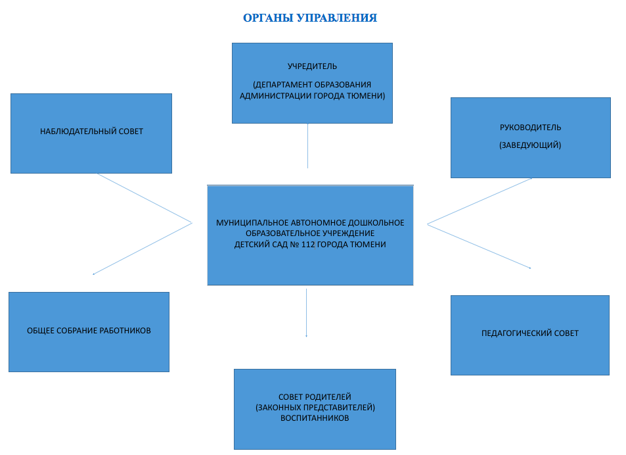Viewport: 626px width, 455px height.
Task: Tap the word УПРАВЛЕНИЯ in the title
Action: pyautogui.click(x=338, y=18)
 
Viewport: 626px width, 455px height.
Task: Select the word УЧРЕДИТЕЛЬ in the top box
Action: pyautogui.click(x=312, y=66)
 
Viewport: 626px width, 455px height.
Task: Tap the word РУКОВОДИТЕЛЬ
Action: pyautogui.click(x=530, y=128)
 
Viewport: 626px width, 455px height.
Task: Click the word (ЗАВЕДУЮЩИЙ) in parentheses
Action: pyautogui.click(x=530, y=145)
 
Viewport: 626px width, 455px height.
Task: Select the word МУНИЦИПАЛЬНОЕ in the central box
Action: pyautogui.click(x=252, y=223)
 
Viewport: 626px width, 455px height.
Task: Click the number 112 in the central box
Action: pyautogui.click(x=308, y=245)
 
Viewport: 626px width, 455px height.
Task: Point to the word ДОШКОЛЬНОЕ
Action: pyautogui.click(x=376, y=223)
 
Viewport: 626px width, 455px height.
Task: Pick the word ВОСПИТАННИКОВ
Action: pyautogui.click(x=315, y=418)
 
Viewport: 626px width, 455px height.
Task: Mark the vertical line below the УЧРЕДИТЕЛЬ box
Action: pyautogui.click(x=307, y=146)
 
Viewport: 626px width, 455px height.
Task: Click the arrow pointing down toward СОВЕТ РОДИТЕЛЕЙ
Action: pyautogui.click(x=306, y=313)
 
